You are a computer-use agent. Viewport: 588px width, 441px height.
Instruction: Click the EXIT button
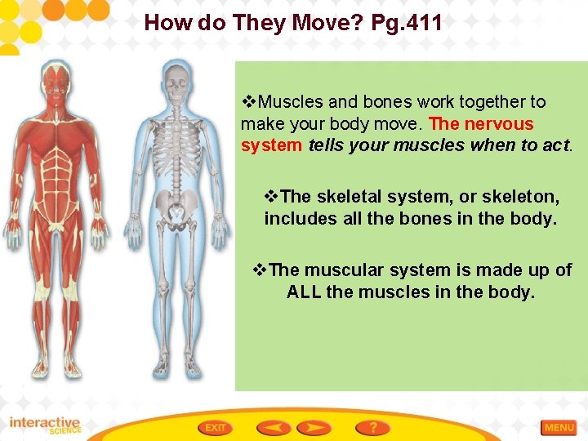click(x=216, y=427)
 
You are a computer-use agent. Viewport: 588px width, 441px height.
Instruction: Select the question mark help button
click(x=372, y=427)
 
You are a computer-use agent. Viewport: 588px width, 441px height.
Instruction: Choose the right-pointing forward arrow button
click(x=314, y=427)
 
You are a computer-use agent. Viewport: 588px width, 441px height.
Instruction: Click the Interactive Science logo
click(x=45, y=425)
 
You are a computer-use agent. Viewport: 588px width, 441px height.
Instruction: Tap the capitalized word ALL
click(x=304, y=292)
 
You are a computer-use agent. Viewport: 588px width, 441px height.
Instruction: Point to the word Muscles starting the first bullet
click(x=292, y=102)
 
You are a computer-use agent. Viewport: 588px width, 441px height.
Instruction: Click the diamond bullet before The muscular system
click(x=261, y=269)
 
